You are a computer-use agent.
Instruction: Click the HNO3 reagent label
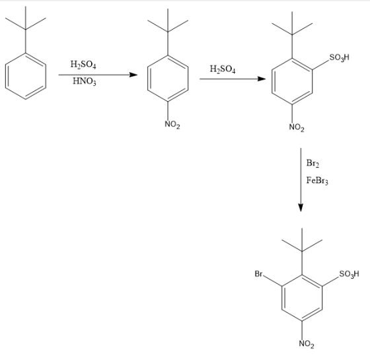(x=85, y=81)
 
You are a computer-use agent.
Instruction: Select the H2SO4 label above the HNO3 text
(x=83, y=65)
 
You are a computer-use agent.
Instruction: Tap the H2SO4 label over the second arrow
(x=223, y=69)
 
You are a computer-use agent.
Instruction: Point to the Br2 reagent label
(x=313, y=163)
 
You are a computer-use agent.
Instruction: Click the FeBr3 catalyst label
(x=317, y=181)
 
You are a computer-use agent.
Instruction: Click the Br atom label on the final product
(x=258, y=274)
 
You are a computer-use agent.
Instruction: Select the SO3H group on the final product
(x=350, y=274)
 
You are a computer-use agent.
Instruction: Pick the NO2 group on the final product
(x=307, y=344)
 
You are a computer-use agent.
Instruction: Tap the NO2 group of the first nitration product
(x=172, y=124)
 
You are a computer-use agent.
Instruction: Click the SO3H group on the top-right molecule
(x=339, y=57)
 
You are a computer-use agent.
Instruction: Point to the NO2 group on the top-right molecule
(x=297, y=127)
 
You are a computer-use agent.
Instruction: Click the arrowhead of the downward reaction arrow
(x=301, y=207)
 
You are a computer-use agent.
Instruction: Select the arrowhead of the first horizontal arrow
(x=133, y=75)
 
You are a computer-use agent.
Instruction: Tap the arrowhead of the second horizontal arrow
(x=261, y=79)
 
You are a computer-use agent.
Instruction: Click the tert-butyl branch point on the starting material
(x=26, y=30)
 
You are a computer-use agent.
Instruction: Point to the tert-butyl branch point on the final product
(x=302, y=251)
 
